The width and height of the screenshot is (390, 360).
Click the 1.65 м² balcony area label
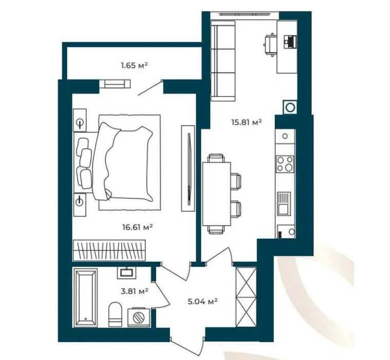[x=134, y=66]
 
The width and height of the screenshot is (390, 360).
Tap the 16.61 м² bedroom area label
[x=137, y=227]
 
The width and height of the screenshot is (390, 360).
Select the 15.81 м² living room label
[x=247, y=122]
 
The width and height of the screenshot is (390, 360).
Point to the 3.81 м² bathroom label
[x=135, y=291]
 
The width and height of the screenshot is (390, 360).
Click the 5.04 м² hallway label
[x=203, y=301]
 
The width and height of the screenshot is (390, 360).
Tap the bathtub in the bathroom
[x=86, y=298]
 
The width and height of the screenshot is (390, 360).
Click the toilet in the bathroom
[x=115, y=314]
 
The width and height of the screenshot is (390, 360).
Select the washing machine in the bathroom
[x=139, y=317]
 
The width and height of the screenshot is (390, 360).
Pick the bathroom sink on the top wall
[x=127, y=273]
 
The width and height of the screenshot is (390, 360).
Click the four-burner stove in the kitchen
[x=285, y=164]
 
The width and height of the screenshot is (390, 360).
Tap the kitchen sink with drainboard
[x=284, y=204]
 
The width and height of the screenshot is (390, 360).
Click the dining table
[x=217, y=194]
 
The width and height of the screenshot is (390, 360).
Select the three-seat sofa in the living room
[x=223, y=61]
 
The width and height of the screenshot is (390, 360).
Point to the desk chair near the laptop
[x=270, y=45]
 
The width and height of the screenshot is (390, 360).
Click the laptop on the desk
[x=290, y=41]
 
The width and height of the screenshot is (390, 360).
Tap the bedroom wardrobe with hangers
[x=109, y=250]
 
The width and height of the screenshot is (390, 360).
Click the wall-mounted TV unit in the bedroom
[x=188, y=168]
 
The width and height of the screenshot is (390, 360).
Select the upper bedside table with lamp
[x=80, y=120]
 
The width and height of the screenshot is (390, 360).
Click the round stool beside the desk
[x=290, y=107]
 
